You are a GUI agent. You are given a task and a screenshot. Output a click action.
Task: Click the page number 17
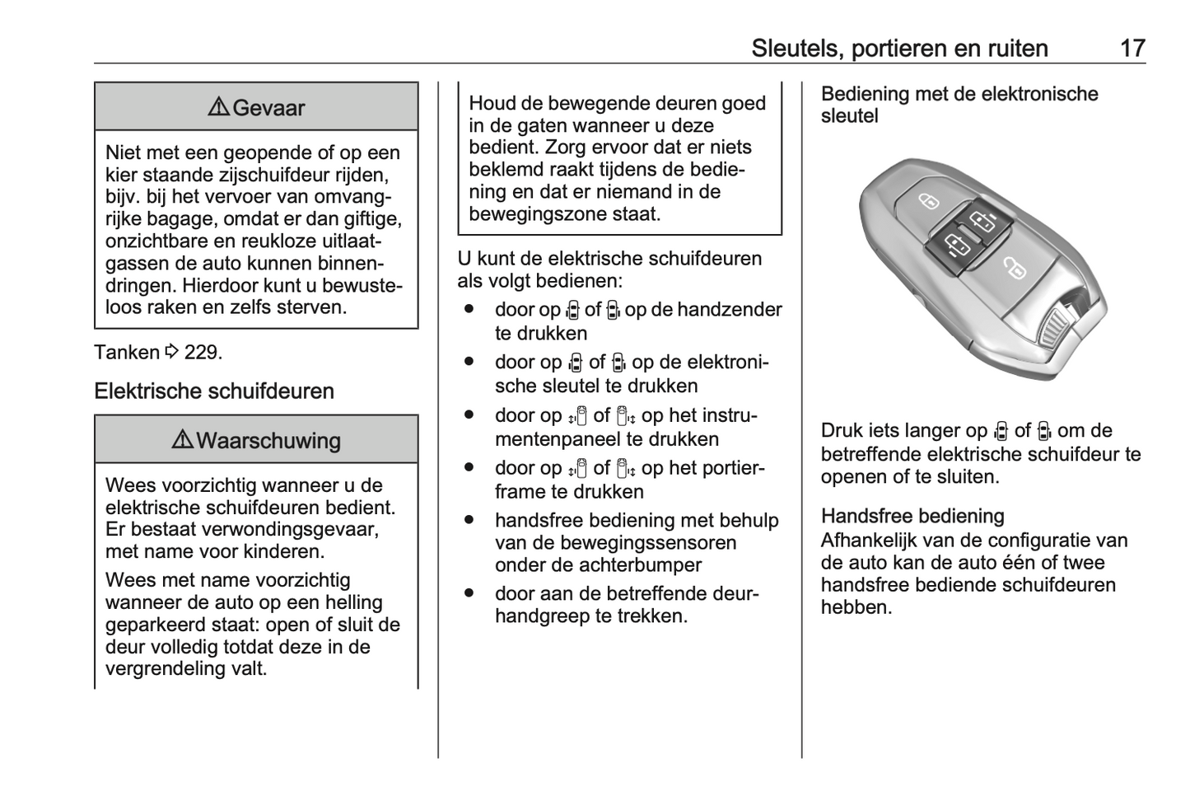pos(1132,48)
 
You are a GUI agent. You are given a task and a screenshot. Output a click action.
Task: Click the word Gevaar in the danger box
pos(268,108)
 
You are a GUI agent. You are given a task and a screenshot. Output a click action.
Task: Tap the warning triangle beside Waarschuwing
pos(182,441)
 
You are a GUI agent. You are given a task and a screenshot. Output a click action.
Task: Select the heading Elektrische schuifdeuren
pos(214,391)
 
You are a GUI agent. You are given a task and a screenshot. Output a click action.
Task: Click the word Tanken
pos(127,353)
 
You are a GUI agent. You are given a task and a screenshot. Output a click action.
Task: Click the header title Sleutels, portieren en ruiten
pos(899,48)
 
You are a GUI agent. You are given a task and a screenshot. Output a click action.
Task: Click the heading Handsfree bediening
pos(912,516)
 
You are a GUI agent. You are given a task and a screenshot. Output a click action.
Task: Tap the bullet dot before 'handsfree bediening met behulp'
pos(469,521)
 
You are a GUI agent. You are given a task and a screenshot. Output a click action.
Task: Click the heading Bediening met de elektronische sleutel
pos(959,105)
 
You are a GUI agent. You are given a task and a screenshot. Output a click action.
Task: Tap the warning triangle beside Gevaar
pos(218,108)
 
